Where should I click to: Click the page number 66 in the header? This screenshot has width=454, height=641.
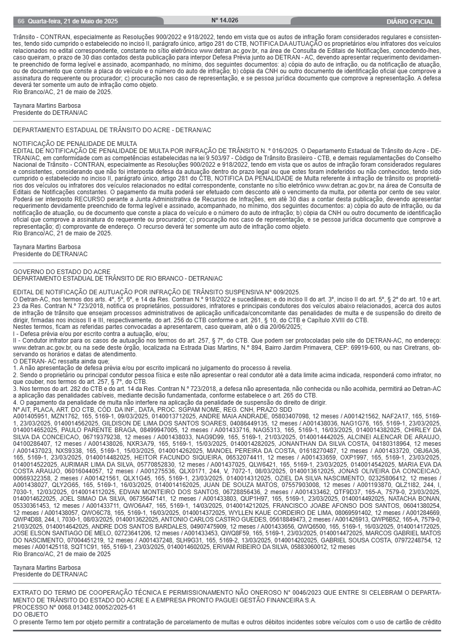(21, 21)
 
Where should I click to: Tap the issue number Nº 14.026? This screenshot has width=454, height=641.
(225, 20)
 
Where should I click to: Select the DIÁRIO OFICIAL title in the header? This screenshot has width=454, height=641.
(410, 21)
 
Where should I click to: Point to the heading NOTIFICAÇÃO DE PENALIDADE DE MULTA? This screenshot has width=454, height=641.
(75, 144)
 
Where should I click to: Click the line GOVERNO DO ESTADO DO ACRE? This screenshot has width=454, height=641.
(62, 272)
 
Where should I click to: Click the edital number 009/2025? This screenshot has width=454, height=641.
(284, 292)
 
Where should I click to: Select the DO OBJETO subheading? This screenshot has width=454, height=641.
(30, 614)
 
